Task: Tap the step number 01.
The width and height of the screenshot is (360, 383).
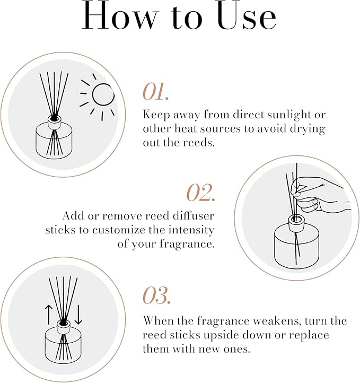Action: (155, 92)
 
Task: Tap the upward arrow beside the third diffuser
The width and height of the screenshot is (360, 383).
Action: (49, 315)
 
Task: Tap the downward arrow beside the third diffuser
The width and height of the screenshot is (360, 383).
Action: (78, 315)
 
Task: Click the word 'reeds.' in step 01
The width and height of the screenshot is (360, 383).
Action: (202, 143)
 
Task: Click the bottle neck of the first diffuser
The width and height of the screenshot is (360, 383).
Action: (54, 120)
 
